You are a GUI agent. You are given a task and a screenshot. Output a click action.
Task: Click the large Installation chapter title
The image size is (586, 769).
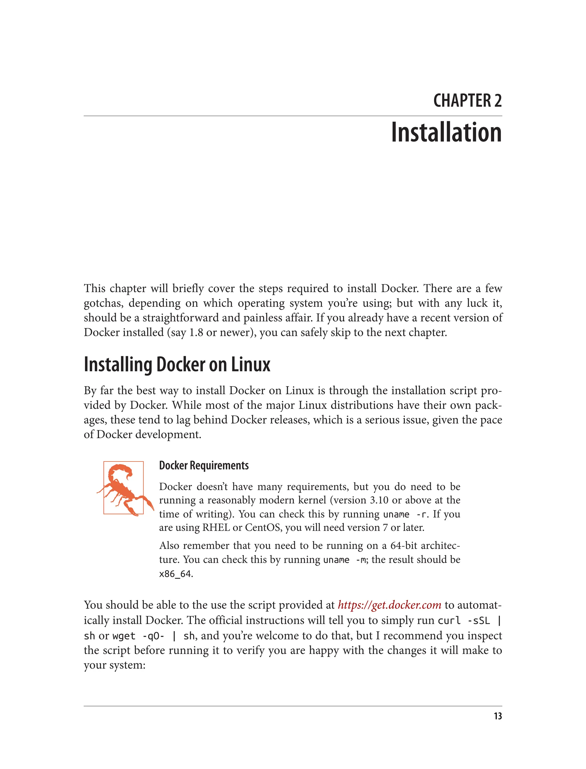tap(446, 132)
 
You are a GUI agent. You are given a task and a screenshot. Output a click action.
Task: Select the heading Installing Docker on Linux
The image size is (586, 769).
tap(177, 365)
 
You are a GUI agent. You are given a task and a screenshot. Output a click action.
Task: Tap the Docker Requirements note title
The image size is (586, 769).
tap(204, 465)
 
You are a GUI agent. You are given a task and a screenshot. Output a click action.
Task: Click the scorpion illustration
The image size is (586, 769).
tap(124, 488)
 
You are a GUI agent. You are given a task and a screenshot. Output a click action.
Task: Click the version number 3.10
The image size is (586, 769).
tap(379, 500)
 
